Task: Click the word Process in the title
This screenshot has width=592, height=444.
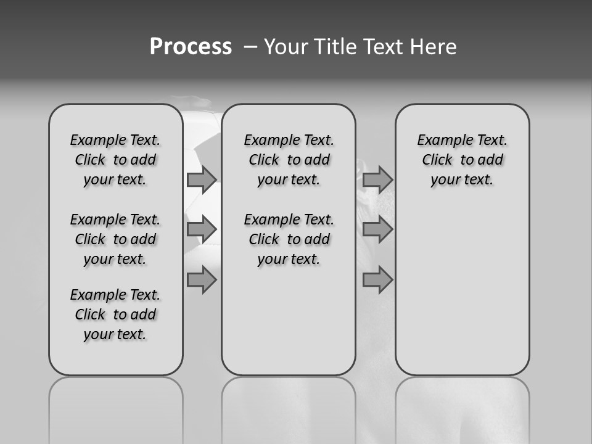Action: (x=191, y=47)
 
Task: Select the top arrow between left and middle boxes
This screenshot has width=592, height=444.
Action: (x=201, y=179)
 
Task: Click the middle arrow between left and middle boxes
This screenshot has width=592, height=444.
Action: (x=201, y=229)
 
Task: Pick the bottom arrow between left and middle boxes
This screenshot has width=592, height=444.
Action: (x=201, y=280)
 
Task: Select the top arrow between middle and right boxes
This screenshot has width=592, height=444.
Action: (x=377, y=179)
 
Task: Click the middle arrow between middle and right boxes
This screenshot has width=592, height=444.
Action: (x=377, y=229)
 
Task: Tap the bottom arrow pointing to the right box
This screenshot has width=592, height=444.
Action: (x=377, y=280)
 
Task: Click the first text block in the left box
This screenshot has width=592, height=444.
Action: (x=115, y=160)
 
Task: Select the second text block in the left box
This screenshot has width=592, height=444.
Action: (x=115, y=239)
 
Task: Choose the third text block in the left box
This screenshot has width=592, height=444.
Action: (x=115, y=314)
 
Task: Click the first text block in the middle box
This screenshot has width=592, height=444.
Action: (x=289, y=160)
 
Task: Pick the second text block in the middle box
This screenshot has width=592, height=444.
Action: (x=289, y=239)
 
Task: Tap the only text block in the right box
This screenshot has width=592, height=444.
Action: (x=462, y=160)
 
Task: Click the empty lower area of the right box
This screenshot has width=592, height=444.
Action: (x=462, y=290)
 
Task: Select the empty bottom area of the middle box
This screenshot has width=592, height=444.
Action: (x=289, y=327)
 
